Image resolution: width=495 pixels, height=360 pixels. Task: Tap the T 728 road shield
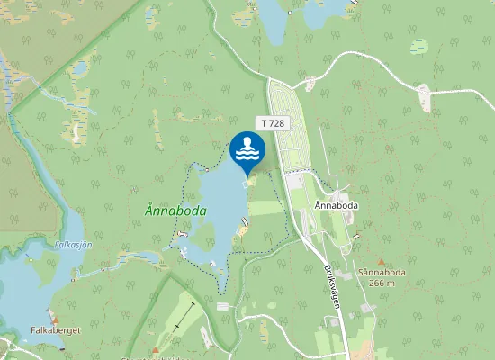pos(273,122)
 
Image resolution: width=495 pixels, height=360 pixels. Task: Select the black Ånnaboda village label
pos(337,205)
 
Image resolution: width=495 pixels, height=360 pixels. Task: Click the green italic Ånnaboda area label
pos(175,211)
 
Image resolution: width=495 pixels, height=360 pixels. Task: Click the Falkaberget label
pos(56,330)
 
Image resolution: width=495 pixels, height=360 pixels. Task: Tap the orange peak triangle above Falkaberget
pos(56,320)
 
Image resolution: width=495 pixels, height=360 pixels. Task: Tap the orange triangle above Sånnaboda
pos(381,262)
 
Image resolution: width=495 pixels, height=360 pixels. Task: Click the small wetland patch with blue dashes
pos(419,45)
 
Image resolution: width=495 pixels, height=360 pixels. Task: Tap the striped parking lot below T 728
pos(289,126)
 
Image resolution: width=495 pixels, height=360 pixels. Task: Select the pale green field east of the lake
pos(265,208)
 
